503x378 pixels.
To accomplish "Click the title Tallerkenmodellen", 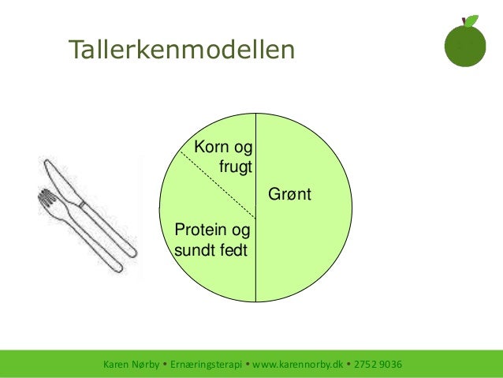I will (181, 50).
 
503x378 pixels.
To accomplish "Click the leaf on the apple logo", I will (471, 21).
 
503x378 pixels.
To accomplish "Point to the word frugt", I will (235, 167).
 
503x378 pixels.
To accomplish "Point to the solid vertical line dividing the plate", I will (256, 260).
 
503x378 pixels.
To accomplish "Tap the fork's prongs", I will (47, 201).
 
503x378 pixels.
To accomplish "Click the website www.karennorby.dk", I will (298, 365).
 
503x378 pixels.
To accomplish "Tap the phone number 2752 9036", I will (378, 365).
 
